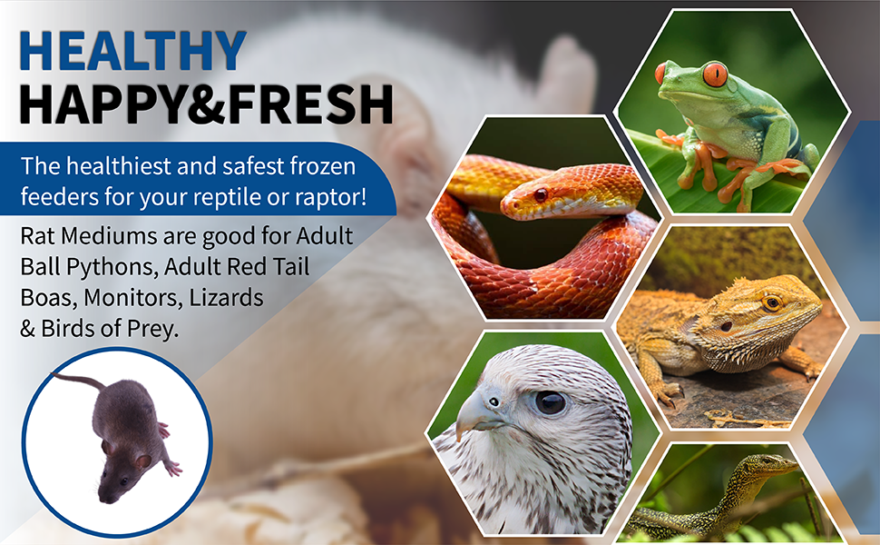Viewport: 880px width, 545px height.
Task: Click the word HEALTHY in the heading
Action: click(133, 51)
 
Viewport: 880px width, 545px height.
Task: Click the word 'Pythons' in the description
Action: click(111, 267)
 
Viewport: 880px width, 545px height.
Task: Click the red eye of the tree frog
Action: click(715, 74)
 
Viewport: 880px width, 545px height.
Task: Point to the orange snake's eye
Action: click(541, 195)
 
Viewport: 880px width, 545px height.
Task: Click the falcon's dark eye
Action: click(550, 402)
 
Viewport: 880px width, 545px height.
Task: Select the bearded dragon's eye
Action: click(772, 304)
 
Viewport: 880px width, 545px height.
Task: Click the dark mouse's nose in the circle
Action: click(104, 499)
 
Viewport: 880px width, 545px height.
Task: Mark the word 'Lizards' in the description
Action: click(226, 298)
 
